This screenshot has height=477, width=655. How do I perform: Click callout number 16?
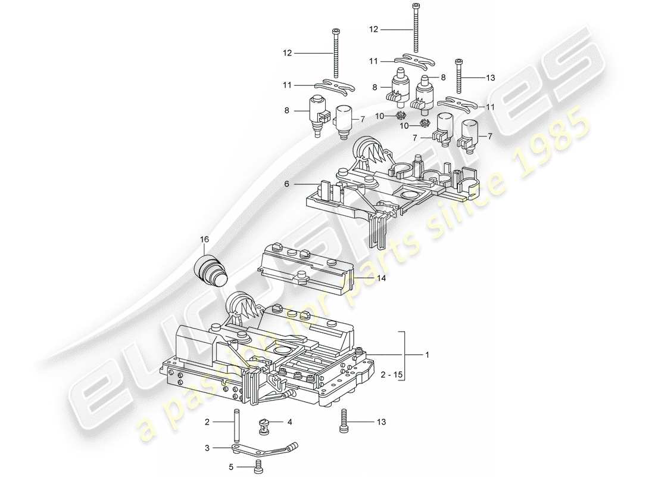tap(204, 239)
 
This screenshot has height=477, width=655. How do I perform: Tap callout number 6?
tap(286, 184)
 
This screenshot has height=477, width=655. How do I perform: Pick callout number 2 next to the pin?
tap(207, 422)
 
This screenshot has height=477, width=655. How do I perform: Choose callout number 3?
tap(207, 448)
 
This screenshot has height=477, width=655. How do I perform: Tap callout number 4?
tap(289, 422)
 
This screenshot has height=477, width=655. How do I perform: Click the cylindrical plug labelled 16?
tap(211, 269)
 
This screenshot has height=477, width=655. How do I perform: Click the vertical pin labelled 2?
tap(237, 422)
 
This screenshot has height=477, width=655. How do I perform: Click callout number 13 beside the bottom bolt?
tap(380, 422)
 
